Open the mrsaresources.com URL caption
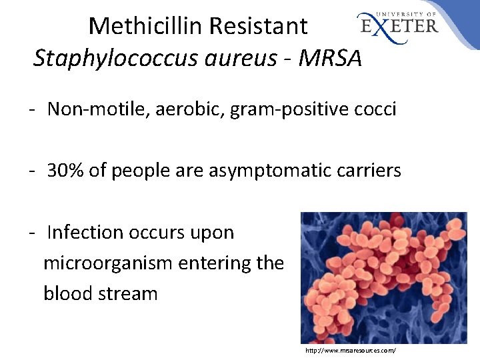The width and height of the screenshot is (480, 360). click(x=350, y=350)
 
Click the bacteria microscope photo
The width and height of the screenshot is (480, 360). click(x=383, y=277)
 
